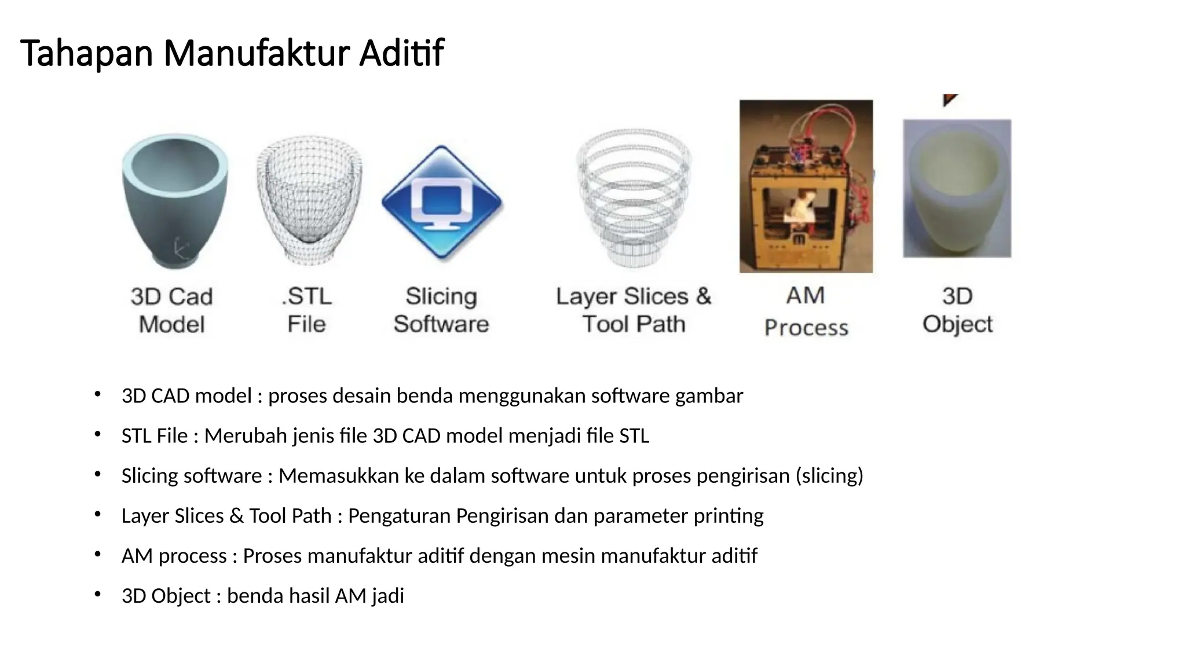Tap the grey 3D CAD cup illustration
(x=175, y=200)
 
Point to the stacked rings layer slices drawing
(x=634, y=197)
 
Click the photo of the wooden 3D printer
(x=806, y=186)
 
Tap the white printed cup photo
(x=957, y=188)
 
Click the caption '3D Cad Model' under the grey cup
(x=172, y=310)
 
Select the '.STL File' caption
(x=307, y=310)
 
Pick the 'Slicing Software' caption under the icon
(x=441, y=310)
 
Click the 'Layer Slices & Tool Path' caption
(x=634, y=310)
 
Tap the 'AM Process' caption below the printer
(x=806, y=311)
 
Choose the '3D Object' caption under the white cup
(x=957, y=310)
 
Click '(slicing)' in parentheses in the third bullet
(x=829, y=476)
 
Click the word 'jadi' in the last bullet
(x=387, y=596)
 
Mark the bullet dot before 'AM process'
(x=98, y=555)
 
